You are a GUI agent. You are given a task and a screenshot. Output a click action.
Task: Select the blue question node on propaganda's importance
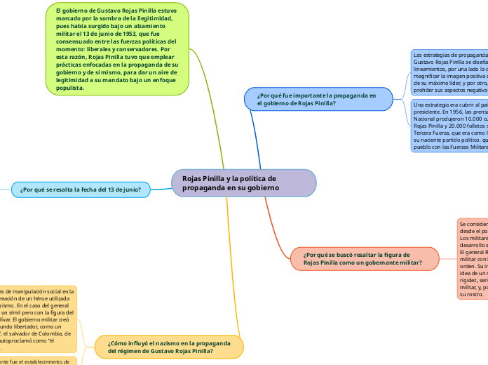click(318, 98)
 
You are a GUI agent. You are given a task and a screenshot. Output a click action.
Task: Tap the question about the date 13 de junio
click(81, 189)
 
